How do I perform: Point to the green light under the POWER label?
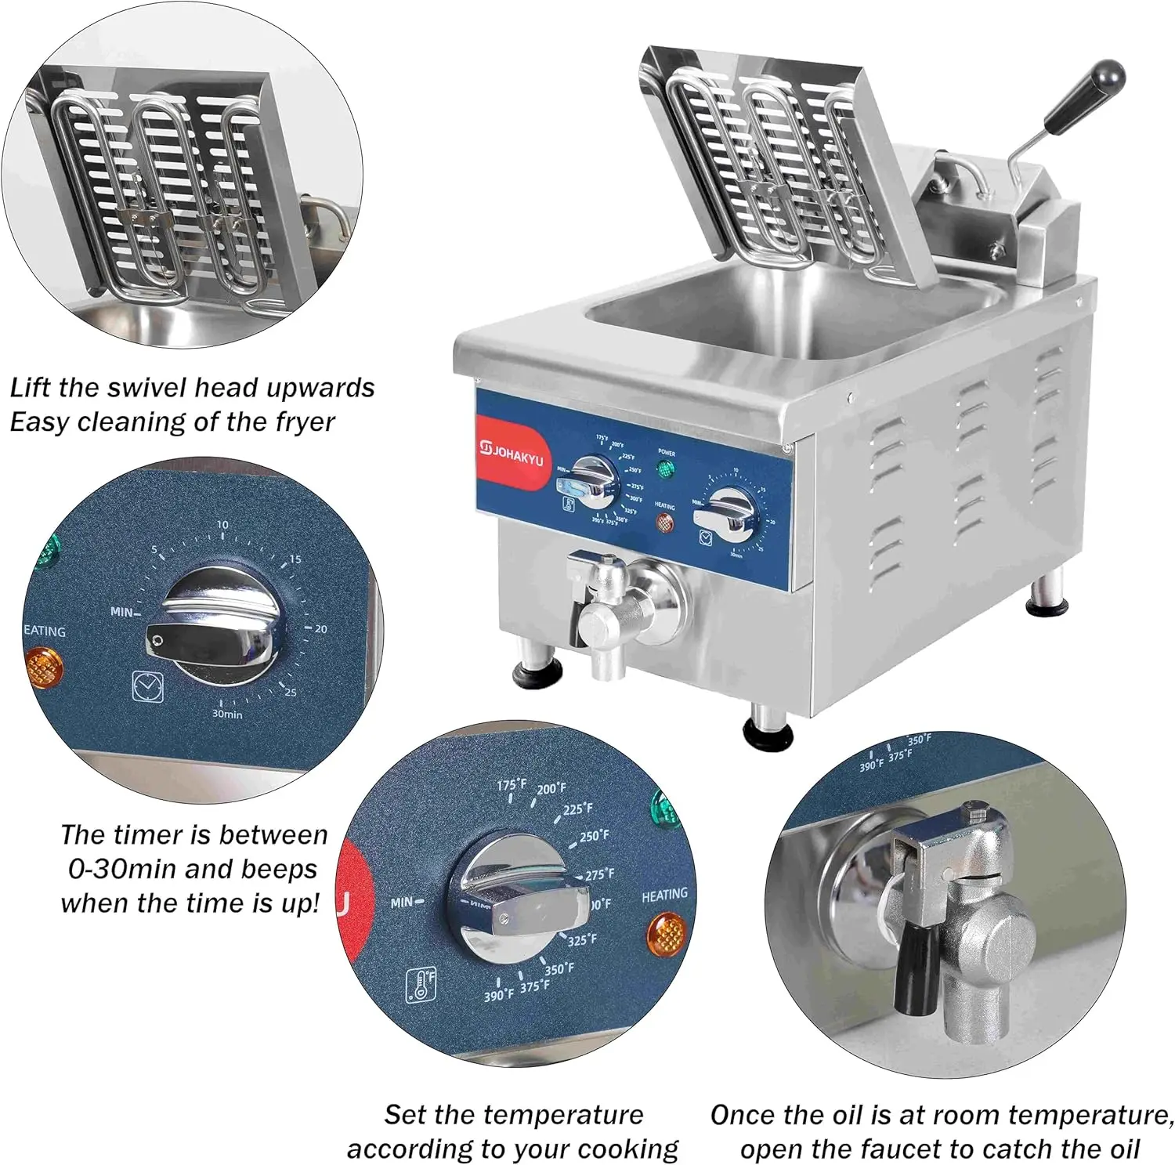coord(666,470)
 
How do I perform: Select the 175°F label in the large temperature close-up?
coord(512,784)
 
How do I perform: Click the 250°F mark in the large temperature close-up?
coord(594,836)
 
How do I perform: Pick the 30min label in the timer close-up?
coord(227,714)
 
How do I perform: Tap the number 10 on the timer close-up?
coord(222,525)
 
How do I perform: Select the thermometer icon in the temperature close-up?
coord(421,985)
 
